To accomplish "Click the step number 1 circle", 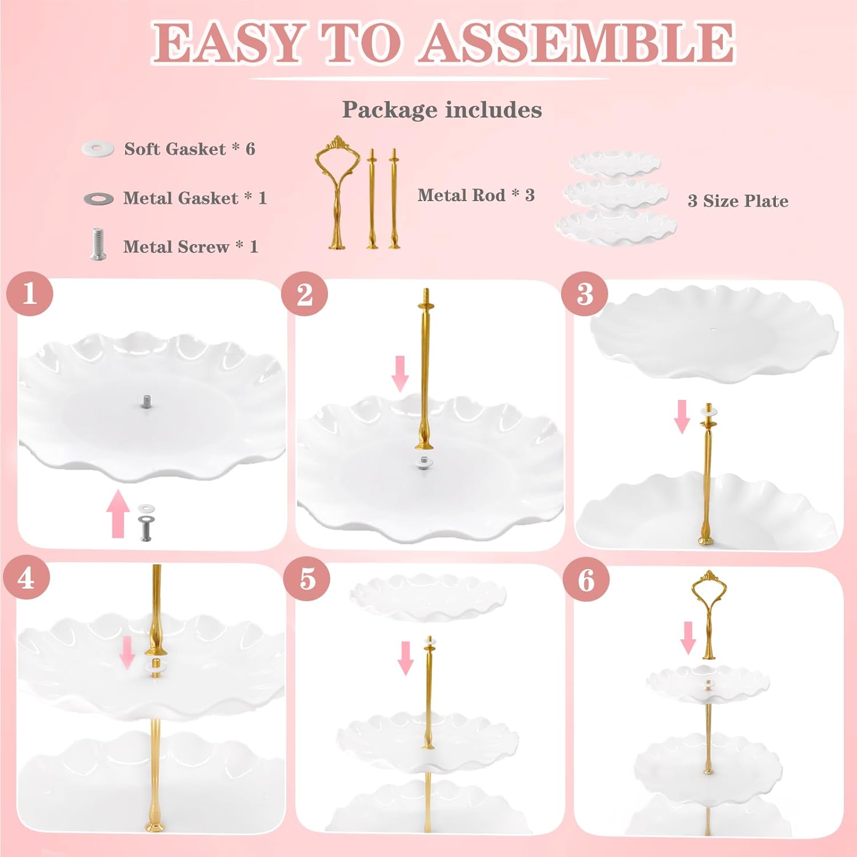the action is [30, 295].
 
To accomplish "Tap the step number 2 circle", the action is [305, 294].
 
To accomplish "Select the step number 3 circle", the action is [584, 294].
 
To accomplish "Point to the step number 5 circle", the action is [307, 579].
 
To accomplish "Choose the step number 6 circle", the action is [586, 580].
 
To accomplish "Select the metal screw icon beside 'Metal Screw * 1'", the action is [98, 244].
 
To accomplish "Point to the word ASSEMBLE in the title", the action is [577, 43].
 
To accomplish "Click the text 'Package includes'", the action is [442, 110].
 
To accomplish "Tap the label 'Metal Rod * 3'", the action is [476, 195].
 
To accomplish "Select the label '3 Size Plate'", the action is [738, 201].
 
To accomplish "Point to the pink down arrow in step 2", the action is [401, 374].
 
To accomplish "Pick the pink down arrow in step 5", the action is [406, 658].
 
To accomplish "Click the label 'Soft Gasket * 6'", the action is [190, 149].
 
